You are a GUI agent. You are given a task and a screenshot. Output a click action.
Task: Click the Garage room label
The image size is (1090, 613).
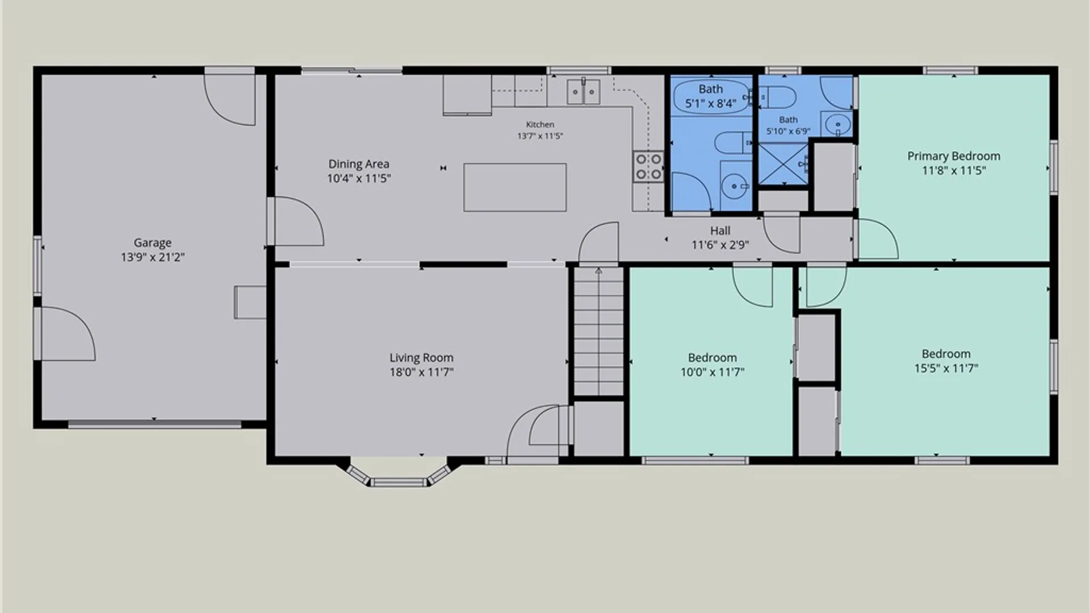tap(152, 243)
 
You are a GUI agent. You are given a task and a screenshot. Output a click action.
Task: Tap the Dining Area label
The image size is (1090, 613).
tap(359, 164)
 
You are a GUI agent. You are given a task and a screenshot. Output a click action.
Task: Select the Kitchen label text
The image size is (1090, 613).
tap(540, 124)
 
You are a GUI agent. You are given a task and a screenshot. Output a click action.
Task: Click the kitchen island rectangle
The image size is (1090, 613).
tap(515, 187)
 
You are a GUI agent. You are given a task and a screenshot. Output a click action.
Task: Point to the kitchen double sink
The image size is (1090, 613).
tap(584, 92)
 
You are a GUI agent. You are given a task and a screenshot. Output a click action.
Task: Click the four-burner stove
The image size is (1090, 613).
tap(648, 166)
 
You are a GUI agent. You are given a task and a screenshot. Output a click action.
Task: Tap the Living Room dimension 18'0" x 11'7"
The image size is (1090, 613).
tap(421, 372)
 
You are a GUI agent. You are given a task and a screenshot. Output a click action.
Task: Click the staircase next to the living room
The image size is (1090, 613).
tap(598, 331)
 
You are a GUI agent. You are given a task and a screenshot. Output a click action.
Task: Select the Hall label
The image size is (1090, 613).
tap(720, 230)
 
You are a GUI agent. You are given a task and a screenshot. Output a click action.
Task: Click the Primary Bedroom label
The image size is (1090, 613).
tap(954, 156)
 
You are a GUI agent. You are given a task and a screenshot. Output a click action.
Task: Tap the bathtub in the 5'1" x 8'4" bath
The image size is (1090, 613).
tap(711, 96)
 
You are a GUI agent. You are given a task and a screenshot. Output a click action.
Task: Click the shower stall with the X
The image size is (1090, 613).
tap(783, 164)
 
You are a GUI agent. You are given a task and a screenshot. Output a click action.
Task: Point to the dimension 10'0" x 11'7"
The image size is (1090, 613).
tap(712, 372)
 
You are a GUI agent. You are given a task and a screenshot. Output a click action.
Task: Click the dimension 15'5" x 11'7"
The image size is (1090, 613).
tap(946, 368)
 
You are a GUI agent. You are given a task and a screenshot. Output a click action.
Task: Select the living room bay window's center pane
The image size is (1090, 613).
tap(399, 483)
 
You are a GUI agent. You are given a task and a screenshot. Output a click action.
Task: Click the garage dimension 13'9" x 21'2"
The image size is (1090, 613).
tap(152, 257)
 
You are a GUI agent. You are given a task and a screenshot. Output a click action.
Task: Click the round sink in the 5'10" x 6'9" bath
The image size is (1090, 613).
tap(837, 124)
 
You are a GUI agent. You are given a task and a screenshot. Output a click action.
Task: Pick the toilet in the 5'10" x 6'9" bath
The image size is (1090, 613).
tap(777, 97)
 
